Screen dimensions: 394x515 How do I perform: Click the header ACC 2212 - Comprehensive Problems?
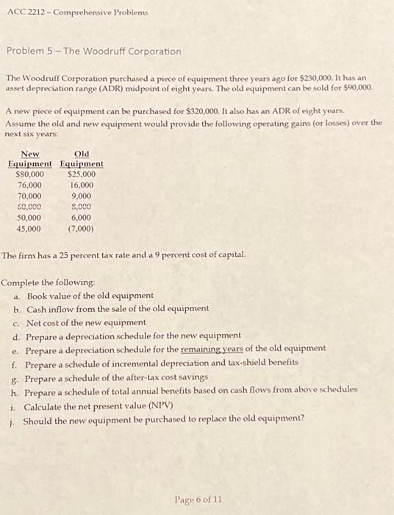pos(76,13)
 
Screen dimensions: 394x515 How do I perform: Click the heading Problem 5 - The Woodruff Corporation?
pos(93,51)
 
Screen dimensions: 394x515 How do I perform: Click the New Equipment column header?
pos(30,158)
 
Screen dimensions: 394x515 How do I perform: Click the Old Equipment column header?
pos(82,158)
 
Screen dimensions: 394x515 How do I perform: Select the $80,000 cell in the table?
pos(29,174)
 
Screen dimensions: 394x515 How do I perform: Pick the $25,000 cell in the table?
pos(81,174)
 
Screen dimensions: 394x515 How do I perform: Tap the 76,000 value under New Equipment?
pos(29,185)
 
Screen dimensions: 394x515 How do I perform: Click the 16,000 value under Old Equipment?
pos(81,185)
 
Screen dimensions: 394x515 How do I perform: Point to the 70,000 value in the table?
pos(29,196)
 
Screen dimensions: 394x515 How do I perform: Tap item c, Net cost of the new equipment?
pos(86,322)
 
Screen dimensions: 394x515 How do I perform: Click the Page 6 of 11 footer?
pos(197,500)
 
